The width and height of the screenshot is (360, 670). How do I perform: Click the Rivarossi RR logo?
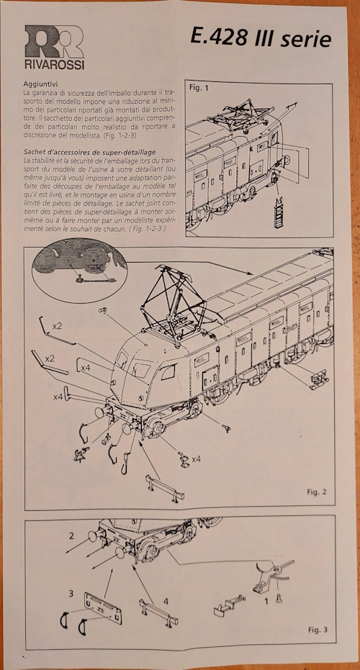54,42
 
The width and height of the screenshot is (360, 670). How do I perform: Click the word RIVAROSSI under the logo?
54,65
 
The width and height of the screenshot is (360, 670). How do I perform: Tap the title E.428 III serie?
261,38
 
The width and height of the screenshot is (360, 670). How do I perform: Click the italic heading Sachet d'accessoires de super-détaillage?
90,152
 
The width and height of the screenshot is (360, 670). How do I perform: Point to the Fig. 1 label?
197,89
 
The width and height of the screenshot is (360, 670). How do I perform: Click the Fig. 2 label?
316,492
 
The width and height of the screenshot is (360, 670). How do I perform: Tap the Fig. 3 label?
318,630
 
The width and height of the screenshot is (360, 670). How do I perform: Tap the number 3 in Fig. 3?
71,594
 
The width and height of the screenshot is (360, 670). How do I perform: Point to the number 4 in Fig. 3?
166,602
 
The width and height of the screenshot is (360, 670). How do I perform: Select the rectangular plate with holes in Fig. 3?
103,608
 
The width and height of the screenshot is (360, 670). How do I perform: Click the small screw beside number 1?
279,598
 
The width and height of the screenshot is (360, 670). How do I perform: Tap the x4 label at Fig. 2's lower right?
197,459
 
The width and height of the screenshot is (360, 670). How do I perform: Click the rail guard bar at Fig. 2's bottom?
165,487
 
